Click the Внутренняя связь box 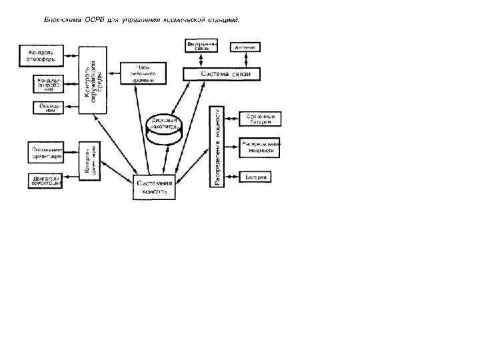coord(202,47)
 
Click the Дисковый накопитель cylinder coord(161,127)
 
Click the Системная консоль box coord(155,187)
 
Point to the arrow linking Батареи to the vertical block coord(232,177)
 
